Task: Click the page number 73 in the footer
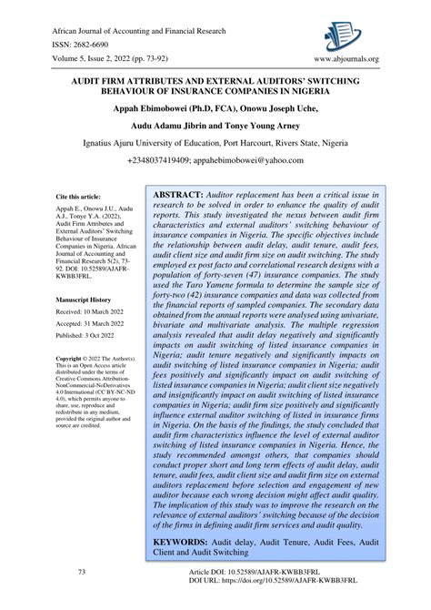pos(82,572)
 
